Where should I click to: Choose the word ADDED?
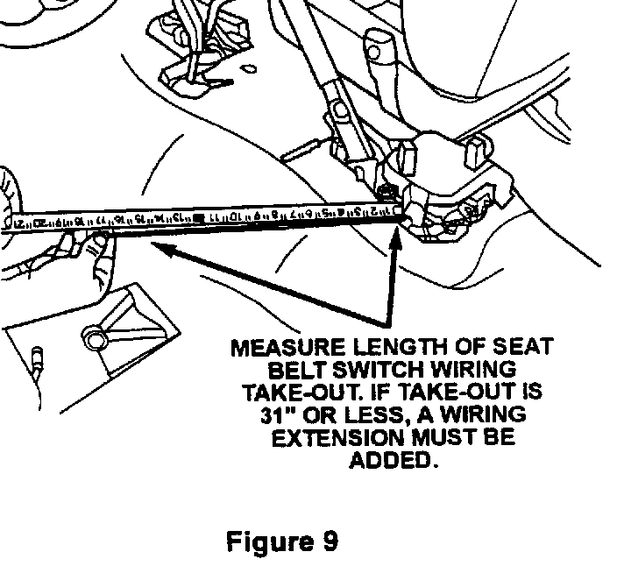point(393,458)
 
